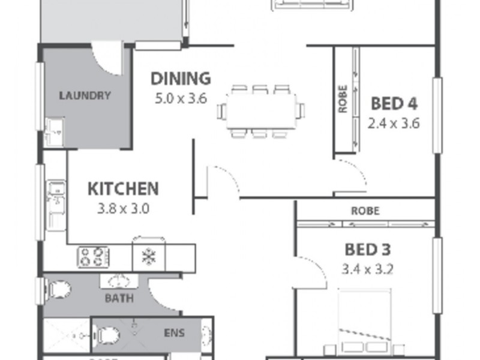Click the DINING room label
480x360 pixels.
coord(181,79)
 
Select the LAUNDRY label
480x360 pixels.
coord(85,95)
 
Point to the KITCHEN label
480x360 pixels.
coord(123,189)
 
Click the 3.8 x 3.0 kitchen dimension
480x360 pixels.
coord(123,209)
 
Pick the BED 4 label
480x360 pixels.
coord(394,104)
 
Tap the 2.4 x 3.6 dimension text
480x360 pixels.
coord(394,124)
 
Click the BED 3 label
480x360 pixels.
coord(368,249)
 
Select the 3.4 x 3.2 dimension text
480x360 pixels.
coord(368,269)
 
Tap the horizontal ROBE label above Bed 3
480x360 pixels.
coord(365,211)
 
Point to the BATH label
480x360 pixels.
coord(119,298)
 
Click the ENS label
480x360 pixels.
coord(175,333)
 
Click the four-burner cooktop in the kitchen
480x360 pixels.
coord(92,257)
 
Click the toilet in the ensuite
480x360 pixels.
coord(107,334)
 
